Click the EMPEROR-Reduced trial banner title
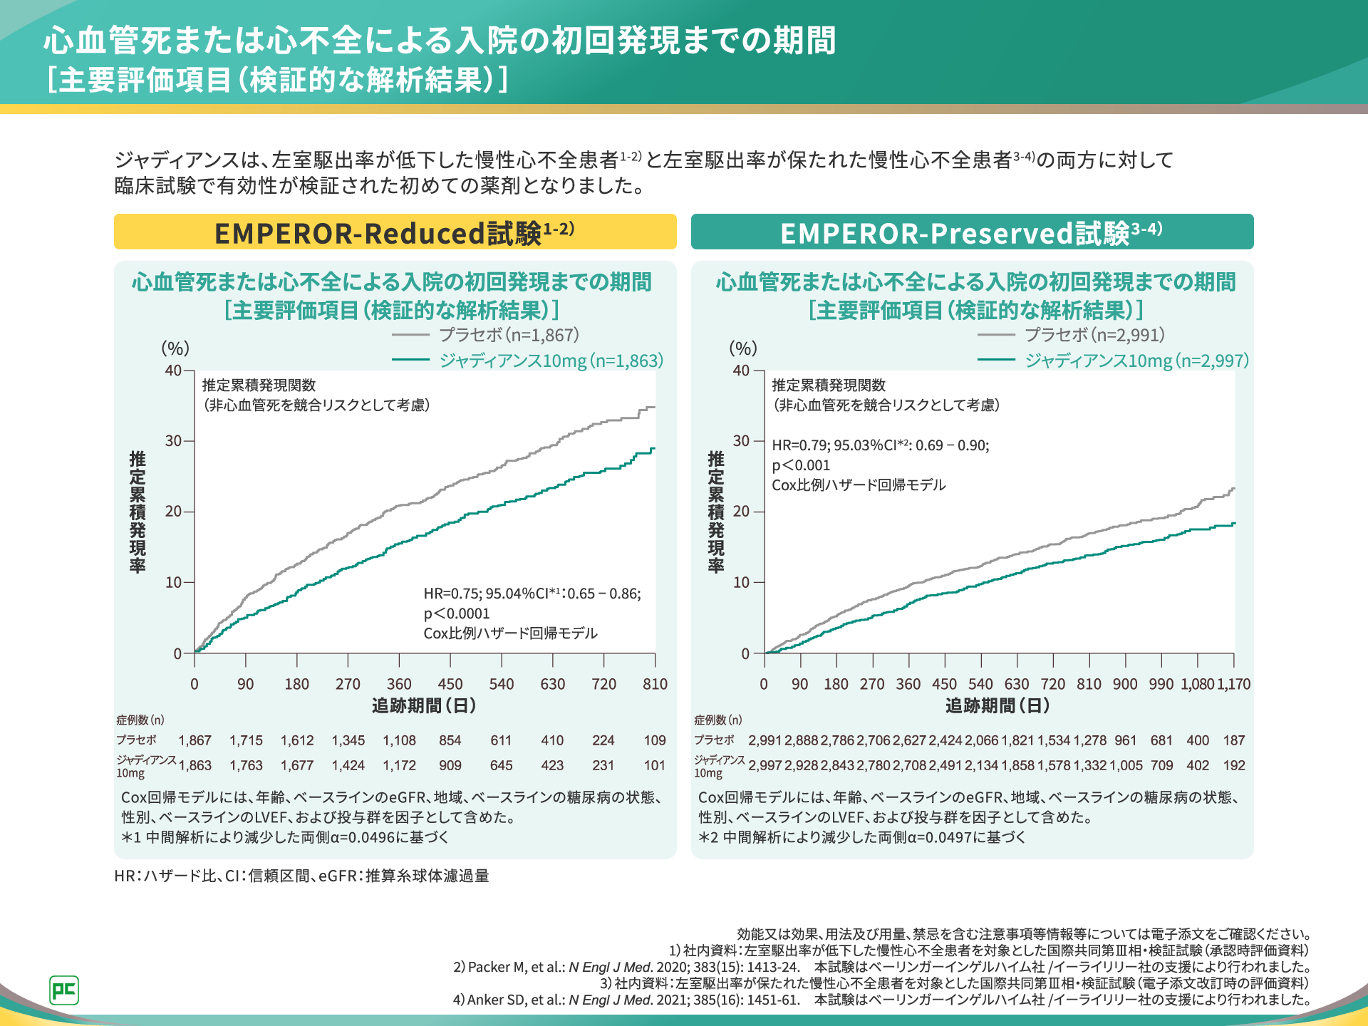[x=394, y=232]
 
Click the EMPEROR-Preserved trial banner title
[x=971, y=232]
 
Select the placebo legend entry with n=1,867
[x=509, y=335]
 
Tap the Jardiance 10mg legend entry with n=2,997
[x=1136, y=361]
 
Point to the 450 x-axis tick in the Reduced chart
[x=450, y=684]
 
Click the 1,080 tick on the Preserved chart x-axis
[x=1197, y=684]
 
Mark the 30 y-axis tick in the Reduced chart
[x=174, y=441]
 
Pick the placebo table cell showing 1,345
[x=348, y=740]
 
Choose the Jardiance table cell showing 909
[x=450, y=765]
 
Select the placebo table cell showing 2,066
[x=982, y=740]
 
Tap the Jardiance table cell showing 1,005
[x=1126, y=765]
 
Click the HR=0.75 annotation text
[x=532, y=594]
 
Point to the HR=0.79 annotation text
[x=880, y=445]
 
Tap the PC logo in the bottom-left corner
[x=64, y=990]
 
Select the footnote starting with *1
[x=285, y=837]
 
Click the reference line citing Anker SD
[x=881, y=1000]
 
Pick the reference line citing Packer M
[x=881, y=967]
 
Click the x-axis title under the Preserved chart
[x=997, y=705]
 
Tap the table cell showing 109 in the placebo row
[x=655, y=740]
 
